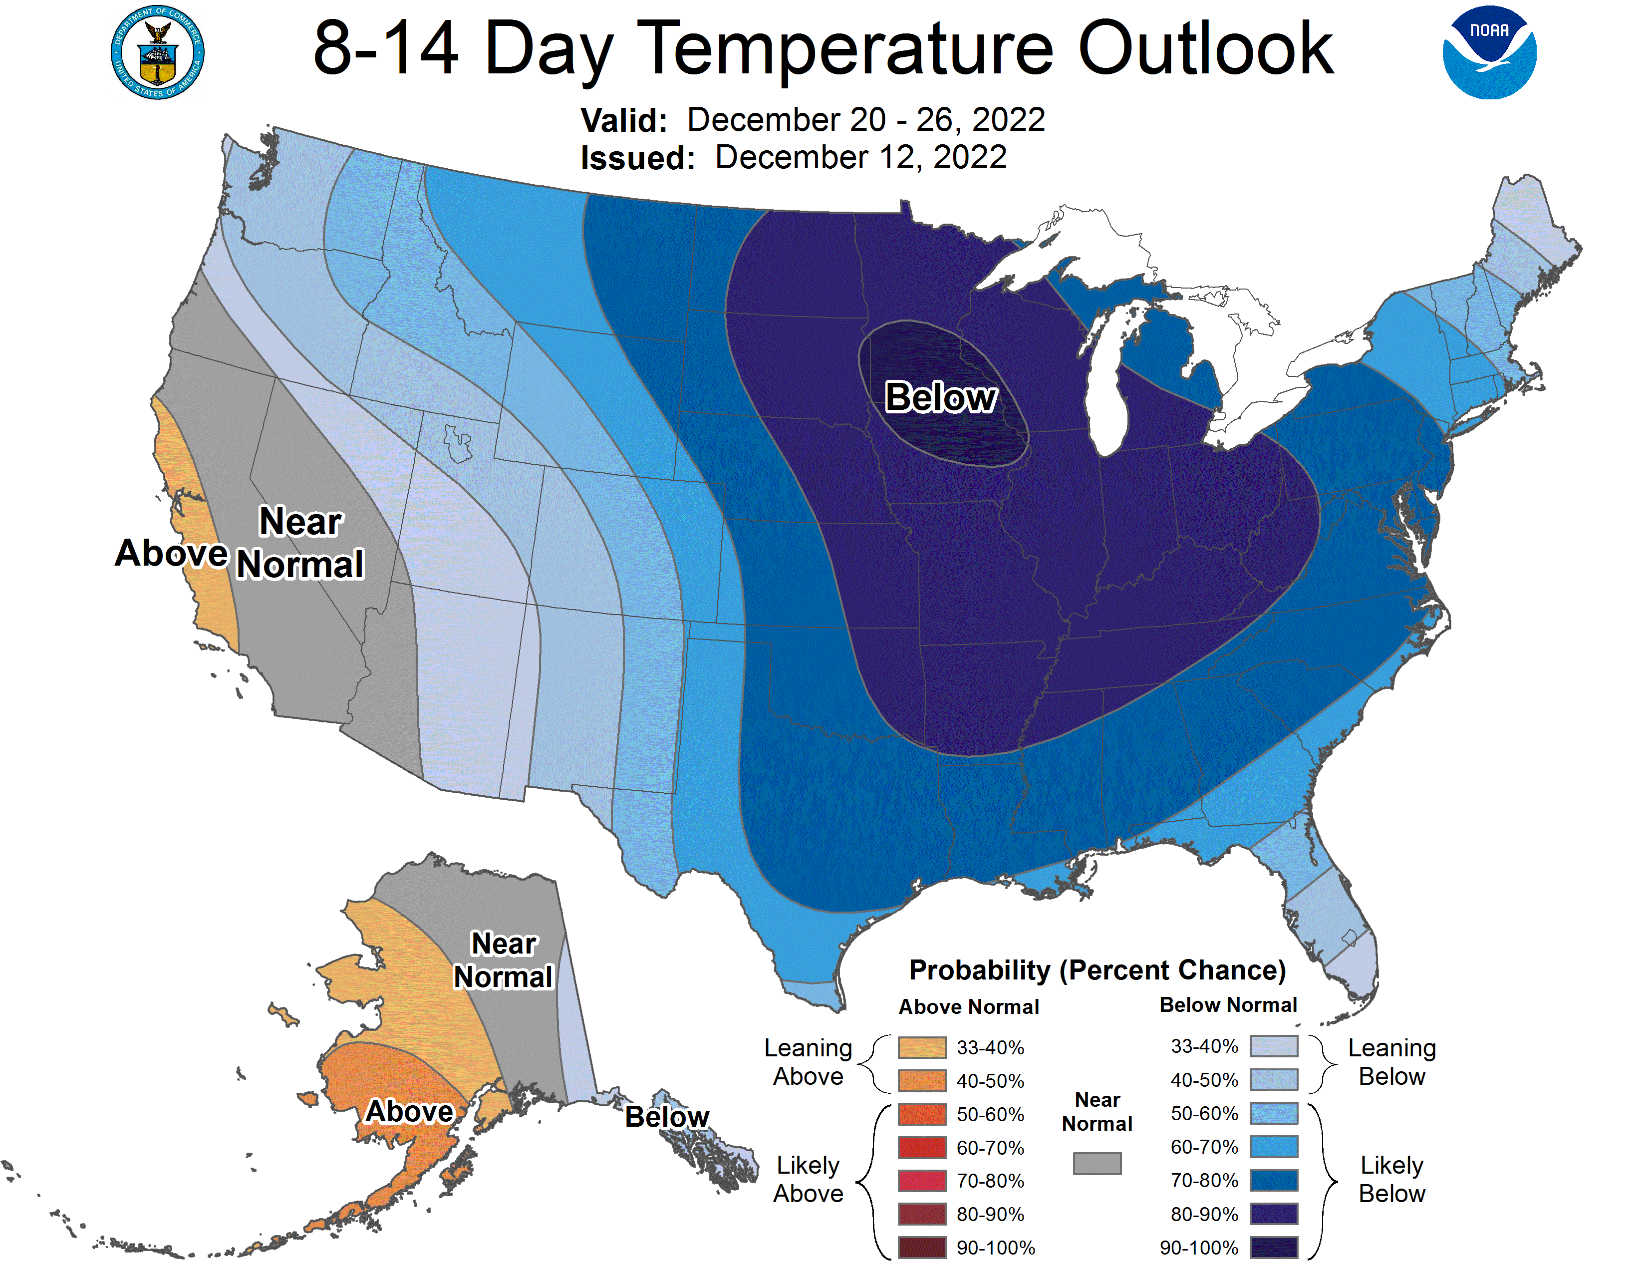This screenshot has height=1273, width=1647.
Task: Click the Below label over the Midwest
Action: pyautogui.click(x=940, y=397)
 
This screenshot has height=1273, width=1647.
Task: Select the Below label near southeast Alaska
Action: pyautogui.click(x=667, y=1116)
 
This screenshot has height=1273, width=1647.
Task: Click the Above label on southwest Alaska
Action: pyautogui.click(x=409, y=1111)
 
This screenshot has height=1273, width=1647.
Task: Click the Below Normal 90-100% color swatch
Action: pyautogui.click(x=1274, y=1248)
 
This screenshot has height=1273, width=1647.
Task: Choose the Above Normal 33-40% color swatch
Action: pyautogui.click(x=921, y=1047)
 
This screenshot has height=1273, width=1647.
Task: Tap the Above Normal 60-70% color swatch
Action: pyautogui.click(x=921, y=1147)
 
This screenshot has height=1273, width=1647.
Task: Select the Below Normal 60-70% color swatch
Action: pyautogui.click(x=1274, y=1146)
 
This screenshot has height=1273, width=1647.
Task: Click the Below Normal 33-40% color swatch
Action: pyautogui.click(x=1274, y=1046)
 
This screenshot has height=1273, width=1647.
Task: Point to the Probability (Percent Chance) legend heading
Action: pyautogui.click(x=1097, y=970)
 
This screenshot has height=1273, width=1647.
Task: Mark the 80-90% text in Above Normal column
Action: pyautogui.click(x=990, y=1214)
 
